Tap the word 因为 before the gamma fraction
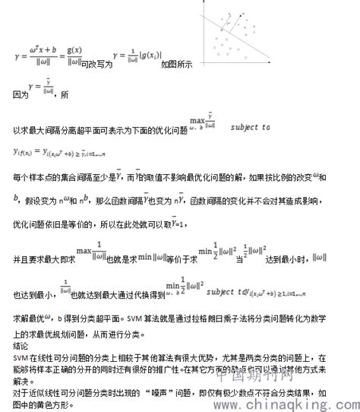click(21, 96)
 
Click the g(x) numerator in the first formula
click(74, 50)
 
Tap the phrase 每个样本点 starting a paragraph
click(34, 177)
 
